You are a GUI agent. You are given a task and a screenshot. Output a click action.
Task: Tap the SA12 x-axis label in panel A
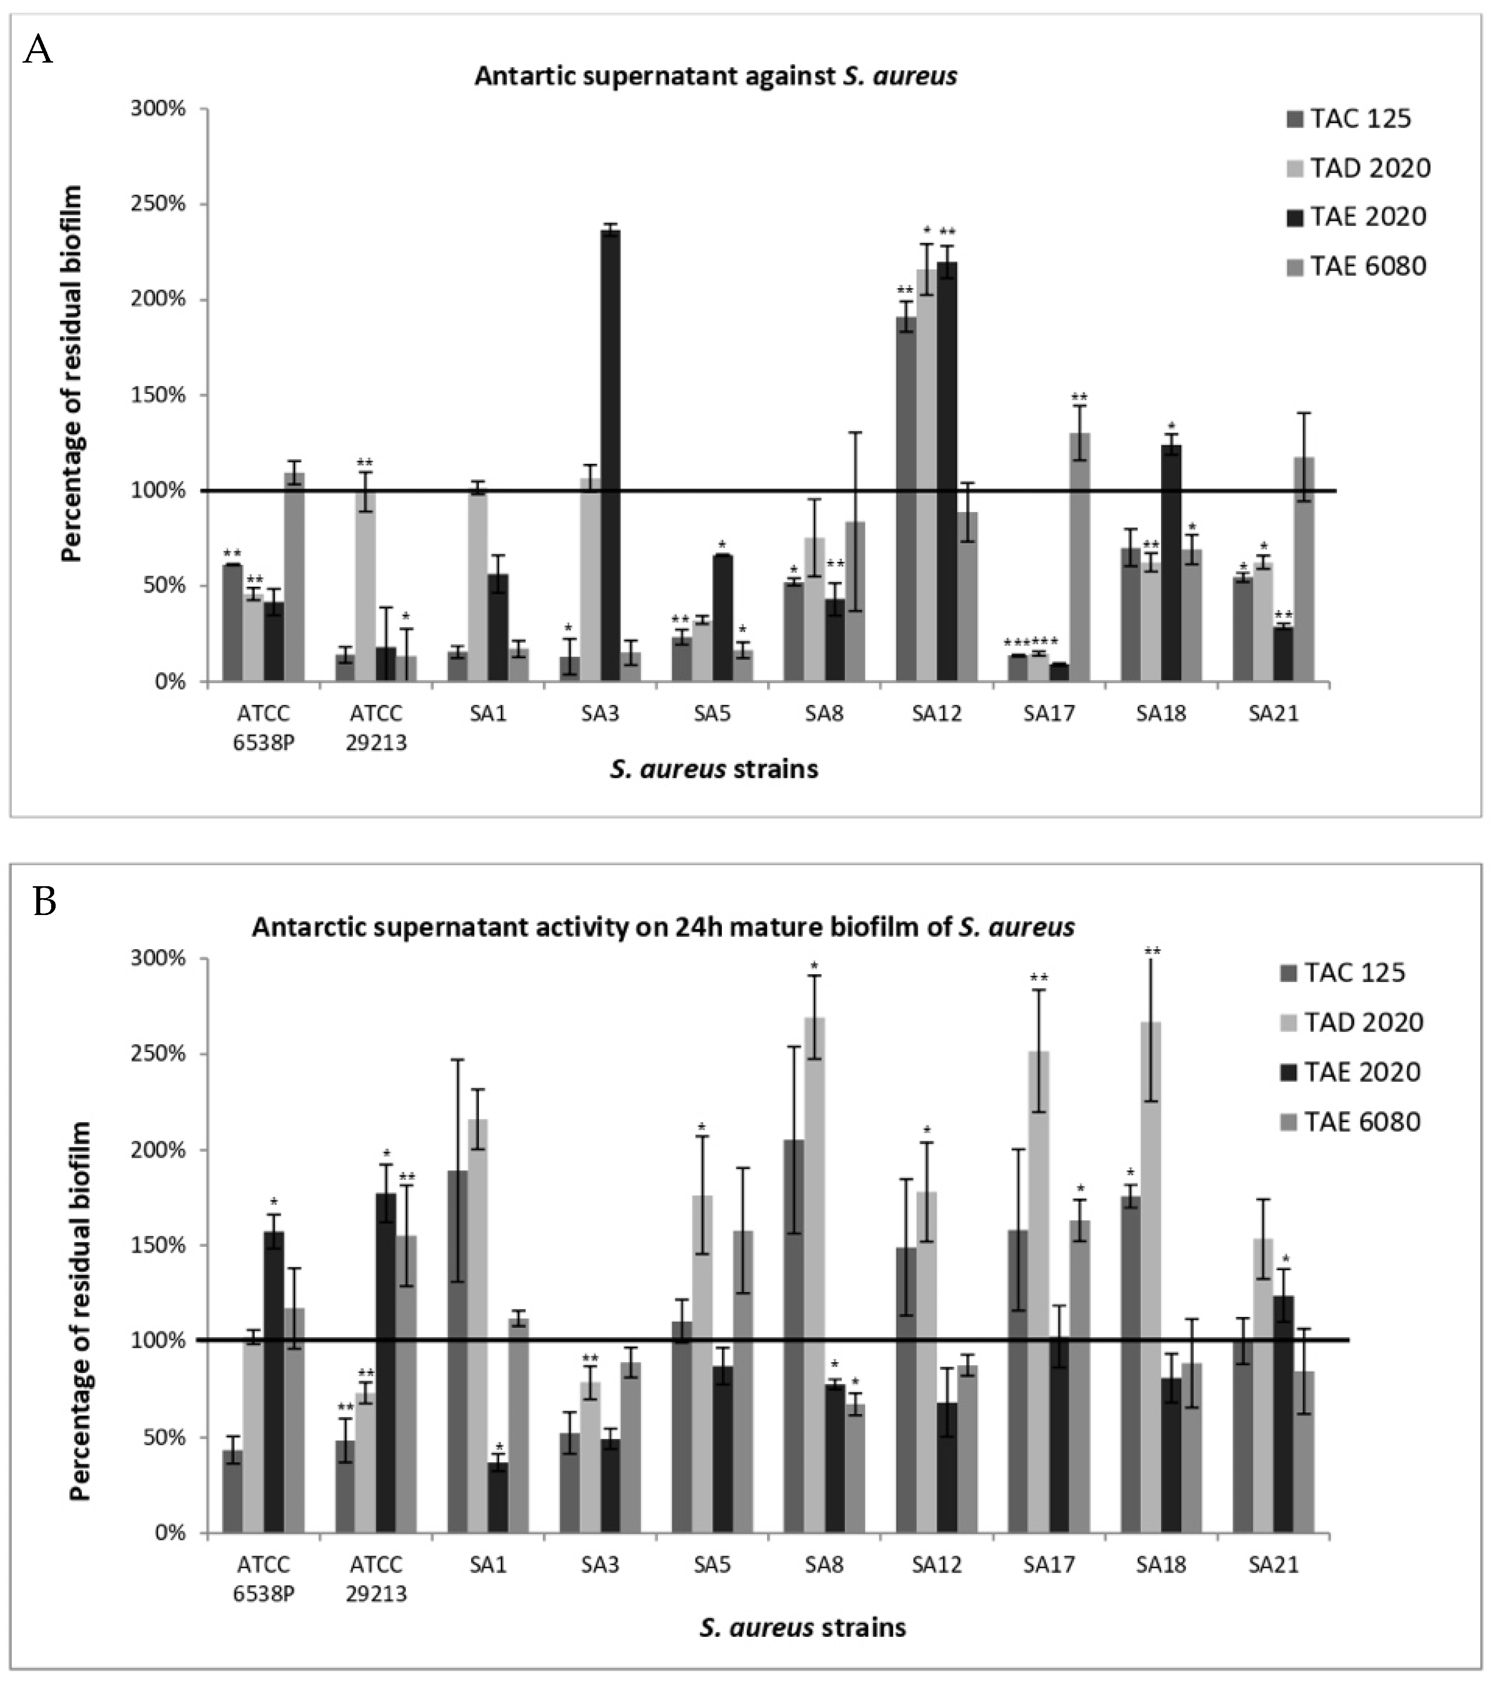[937, 713]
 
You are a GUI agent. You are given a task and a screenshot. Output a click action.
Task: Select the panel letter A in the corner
[38, 51]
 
